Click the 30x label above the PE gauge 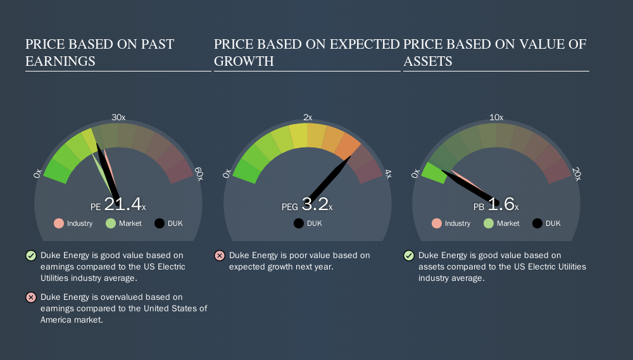(118, 117)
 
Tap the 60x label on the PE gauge (199, 174)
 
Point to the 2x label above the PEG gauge (308, 117)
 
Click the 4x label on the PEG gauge (388, 174)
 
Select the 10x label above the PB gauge (496, 117)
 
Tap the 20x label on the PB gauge (577, 174)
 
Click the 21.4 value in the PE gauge (123, 204)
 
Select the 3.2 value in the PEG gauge (315, 204)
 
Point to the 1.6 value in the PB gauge (501, 204)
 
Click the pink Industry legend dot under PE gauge (59, 223)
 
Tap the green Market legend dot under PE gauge (111, 223)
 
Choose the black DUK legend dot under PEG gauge (299, 223)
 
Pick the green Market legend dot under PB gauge (489, 223)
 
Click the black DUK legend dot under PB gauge (537, 223)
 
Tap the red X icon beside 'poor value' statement (220, 256)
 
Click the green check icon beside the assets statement (408, 256)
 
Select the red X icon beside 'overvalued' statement (30, 297)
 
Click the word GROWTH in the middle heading (244, 61)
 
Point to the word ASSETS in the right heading (428, 61)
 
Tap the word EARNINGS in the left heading (61, 61)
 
